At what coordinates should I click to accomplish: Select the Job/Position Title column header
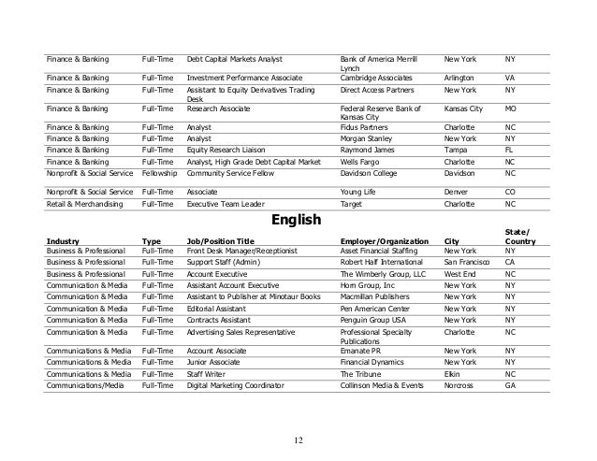click(x=221, y=240)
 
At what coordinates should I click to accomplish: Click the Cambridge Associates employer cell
click(x=376, y=78)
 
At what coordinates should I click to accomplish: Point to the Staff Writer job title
click(x=210, y=372)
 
